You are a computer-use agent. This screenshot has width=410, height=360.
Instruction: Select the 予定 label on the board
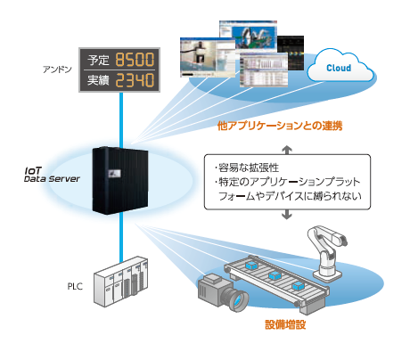pyautogui.click(x=96, y=60)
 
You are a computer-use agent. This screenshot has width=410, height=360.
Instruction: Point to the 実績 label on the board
pyautogui.click(x=96, y=81)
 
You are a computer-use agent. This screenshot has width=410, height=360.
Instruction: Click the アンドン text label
pyautogui.click(x=57, y=68)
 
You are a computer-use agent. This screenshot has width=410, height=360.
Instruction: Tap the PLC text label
pyautogui.click(x=77, y=286)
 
